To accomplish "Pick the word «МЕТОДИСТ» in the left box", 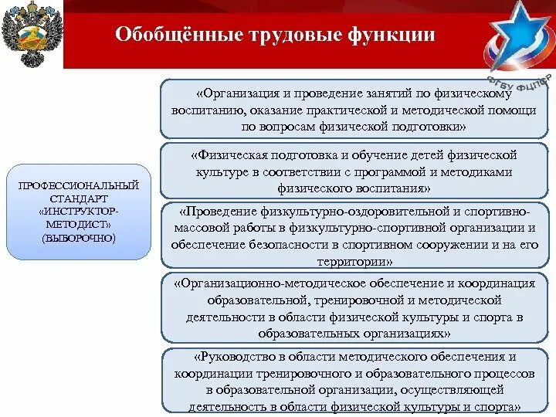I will point(73,224).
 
